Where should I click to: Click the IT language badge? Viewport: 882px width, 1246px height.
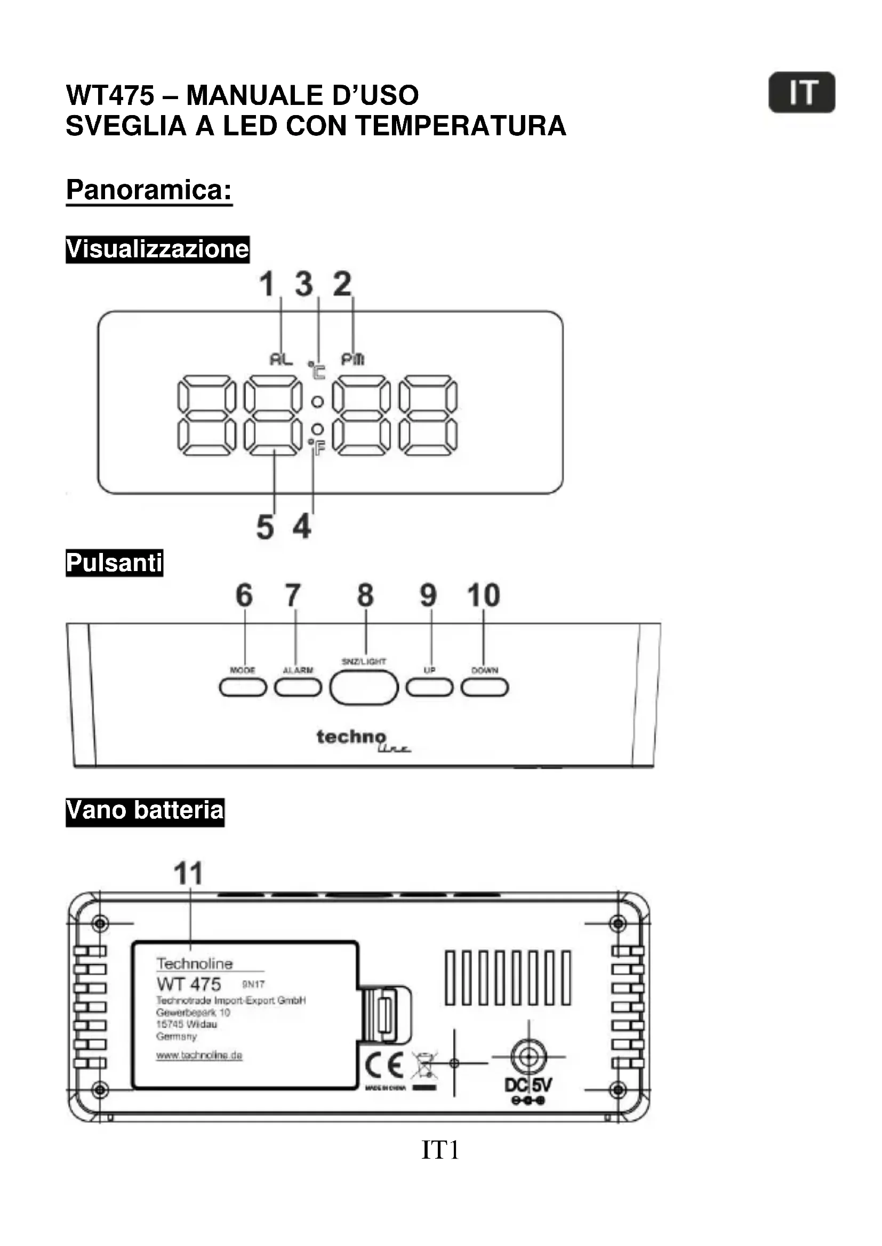click(801, 92)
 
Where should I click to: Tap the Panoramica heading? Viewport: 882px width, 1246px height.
click(149, 190)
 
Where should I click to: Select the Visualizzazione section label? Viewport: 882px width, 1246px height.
click(157, 249)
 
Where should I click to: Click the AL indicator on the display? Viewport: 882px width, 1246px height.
click(281, 359)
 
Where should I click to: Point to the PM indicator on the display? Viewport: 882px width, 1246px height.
click(352, 359)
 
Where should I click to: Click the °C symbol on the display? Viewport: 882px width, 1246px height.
click(317, 371)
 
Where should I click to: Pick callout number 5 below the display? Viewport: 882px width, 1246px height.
click(265, 527)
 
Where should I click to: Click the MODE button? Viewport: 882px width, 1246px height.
click(243, 688)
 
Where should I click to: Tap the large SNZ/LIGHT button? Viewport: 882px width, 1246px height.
click(364, 688)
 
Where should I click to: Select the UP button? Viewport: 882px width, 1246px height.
click(430, 688)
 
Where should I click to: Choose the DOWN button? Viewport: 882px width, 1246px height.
click(484, 688)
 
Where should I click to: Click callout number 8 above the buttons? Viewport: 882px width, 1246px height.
click(365, 596)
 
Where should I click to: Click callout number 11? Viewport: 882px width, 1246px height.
click(188, 874)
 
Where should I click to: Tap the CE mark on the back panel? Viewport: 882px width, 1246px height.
click(384, 1065)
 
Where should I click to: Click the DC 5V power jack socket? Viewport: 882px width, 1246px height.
click(528, 1056)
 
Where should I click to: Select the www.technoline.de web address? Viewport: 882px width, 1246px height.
click(199, 1055)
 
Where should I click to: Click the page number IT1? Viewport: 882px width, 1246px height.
click(440, 1150)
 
